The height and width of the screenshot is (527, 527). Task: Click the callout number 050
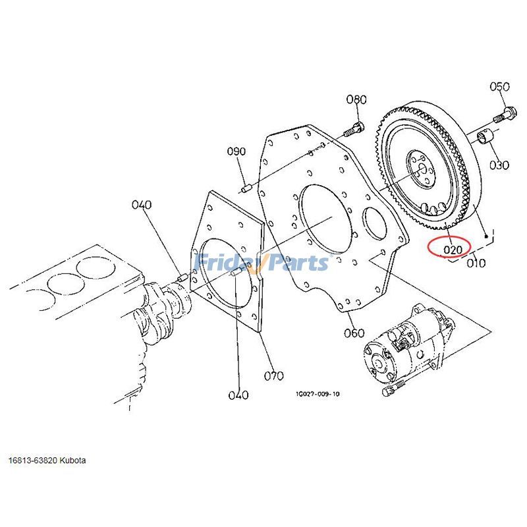click(500, 87)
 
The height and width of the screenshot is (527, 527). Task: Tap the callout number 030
click(499, 165)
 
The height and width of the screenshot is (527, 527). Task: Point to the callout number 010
click(475, 263)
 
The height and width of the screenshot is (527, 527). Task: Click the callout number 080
click(356, 100)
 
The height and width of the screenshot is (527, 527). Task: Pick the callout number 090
click(236, 152)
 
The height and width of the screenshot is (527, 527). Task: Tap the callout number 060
click(354, 333)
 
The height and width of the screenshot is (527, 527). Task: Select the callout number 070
click(273, 376)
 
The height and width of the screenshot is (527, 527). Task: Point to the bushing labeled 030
click(485, 139)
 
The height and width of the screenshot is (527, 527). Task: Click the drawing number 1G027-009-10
click(318, 394)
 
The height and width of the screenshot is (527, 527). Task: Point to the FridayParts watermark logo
click(263, 263)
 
